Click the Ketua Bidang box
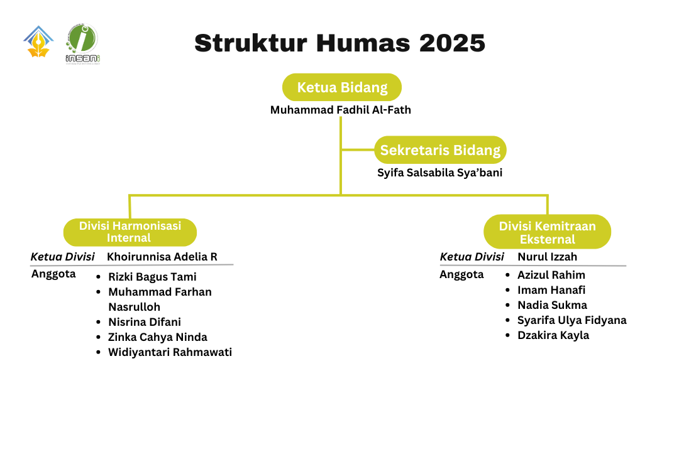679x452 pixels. coord(342,87)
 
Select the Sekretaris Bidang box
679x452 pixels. coord(440,150)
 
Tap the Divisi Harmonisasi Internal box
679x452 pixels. coord(130,232)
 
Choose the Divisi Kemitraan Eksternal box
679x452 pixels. coord(547,232)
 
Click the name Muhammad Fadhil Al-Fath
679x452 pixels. coord(341,110)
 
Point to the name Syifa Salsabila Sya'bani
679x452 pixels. coord(439,173)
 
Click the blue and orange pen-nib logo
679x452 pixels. coord(38,42)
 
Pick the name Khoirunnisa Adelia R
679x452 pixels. coord(162,257)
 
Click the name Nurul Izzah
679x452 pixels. coord(547,257)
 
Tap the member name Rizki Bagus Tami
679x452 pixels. coord(152,277)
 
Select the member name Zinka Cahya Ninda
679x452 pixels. coord(158,337)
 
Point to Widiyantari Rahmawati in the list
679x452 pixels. coord(170,352)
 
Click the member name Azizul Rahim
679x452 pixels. coord(551,275)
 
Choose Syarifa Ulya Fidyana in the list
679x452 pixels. coord(572,320)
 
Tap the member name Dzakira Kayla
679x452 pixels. coord(553,335)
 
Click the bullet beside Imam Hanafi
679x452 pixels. coord(507,290)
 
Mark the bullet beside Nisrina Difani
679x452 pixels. coord(99,322)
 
